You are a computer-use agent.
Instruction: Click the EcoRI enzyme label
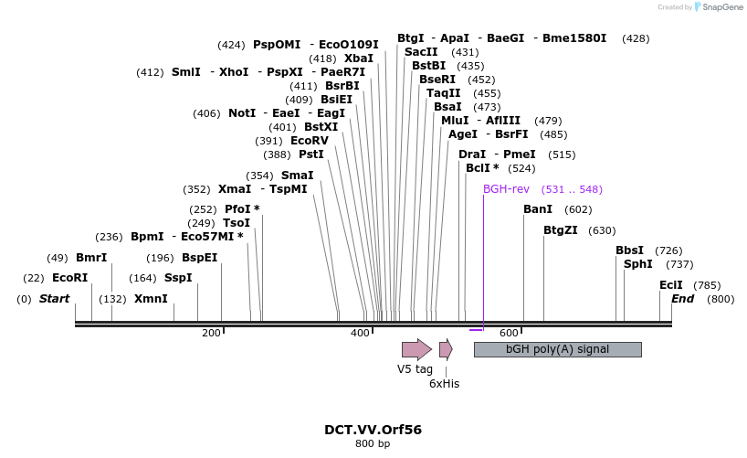(69, 278)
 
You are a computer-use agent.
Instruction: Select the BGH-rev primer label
(506, 189)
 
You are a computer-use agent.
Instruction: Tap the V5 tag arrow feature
(416, 349)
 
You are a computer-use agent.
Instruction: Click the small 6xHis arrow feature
(446, 349)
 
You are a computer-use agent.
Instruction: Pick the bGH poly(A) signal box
(557, 349)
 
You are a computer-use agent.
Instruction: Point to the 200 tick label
(211, 333)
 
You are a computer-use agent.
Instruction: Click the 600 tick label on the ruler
(509, 333)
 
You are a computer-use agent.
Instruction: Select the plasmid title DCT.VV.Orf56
(373, 429)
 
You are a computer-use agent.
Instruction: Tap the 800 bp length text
(373, 444)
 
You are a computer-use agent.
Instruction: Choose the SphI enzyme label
(638, 264)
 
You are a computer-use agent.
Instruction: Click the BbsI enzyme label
(629, 250)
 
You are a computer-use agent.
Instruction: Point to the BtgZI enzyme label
(561, 230)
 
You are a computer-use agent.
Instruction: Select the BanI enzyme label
(538, 209)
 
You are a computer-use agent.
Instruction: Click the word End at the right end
(683, 299)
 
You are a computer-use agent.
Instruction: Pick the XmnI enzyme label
(151, 299)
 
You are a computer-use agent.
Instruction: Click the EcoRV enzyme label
(309, 141)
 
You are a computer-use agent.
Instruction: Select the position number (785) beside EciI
(707, 285)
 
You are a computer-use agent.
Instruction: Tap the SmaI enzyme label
(297, 175)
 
